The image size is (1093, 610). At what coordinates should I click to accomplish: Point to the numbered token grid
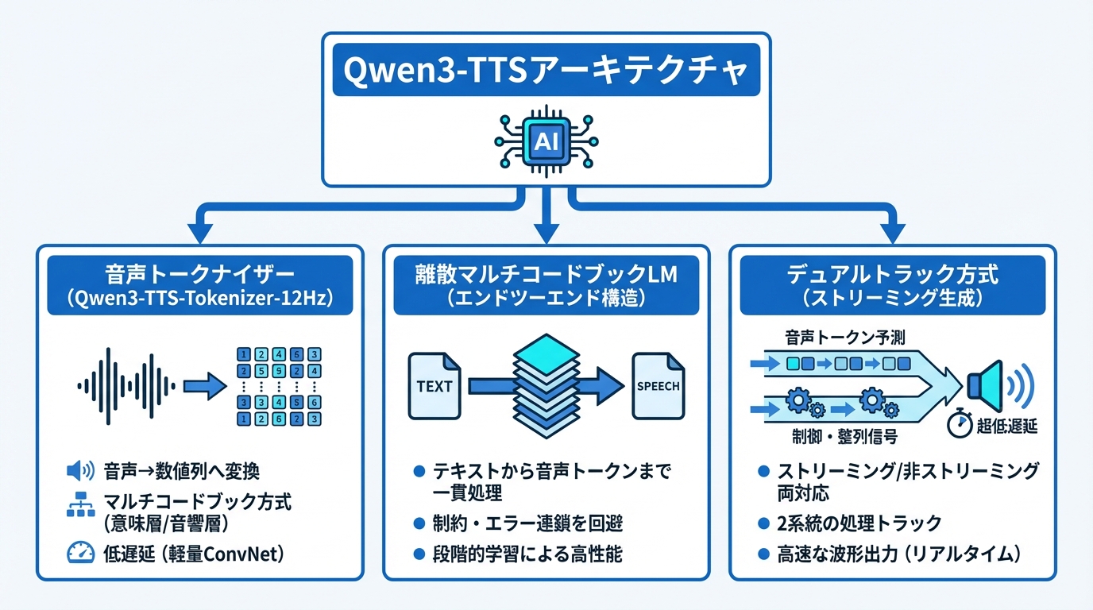pyautogui.click(x=280, y=387)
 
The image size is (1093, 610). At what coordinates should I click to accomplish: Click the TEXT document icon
pyautogui.click(x=434, y=386)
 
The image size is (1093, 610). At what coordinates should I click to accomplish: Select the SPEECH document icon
pyautogui.click(x=659, y=386)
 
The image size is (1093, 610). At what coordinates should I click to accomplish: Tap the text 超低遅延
pyautogui.click(x=1006, y=427)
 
